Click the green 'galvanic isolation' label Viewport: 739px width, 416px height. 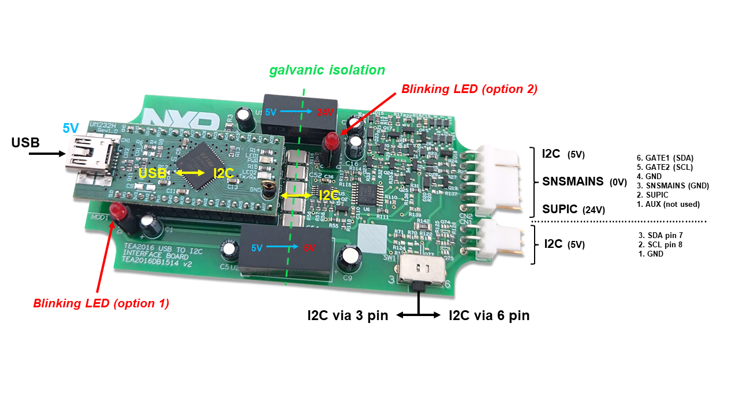[327, 70]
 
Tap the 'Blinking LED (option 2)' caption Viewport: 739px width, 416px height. [469, 89]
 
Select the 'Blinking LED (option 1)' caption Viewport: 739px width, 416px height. [101, 303]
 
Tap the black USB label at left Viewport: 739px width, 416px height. [25, 142]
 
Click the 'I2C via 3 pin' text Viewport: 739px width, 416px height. [347, 315]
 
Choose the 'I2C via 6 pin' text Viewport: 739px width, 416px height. [489, 315]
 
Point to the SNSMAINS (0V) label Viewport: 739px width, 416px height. [584, 181]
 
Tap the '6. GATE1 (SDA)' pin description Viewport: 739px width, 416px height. [665, 158]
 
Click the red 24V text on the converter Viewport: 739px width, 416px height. [324, 113]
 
